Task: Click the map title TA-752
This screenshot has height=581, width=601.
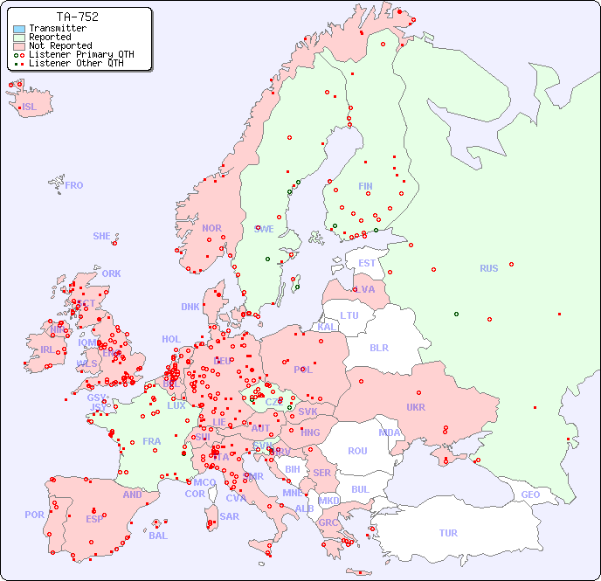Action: [x=77, y=17]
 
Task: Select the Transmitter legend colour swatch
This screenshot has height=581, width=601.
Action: [x=19, y=29]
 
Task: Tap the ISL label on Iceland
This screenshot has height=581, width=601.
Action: [x=30, y=107]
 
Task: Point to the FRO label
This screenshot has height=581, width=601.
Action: [x=74, y=185]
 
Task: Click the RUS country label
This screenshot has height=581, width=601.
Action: [x=488, y=268]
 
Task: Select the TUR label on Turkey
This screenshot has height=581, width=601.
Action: [x=448, y=533]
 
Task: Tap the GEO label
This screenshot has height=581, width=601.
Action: [x=530, y=495]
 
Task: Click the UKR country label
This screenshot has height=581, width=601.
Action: [x=416, y=407]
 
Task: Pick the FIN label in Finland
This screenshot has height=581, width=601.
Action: [x=365, y=186]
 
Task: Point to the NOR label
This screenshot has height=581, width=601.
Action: [x=211, y=228]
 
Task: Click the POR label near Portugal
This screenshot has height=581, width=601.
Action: [x=34, y=515]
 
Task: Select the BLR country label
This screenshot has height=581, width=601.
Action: [x=378, y=347]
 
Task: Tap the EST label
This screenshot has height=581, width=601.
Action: [x=367, y=263]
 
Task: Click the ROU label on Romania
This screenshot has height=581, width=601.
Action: [x=357, y=451]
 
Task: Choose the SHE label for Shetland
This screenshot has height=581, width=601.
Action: [x=102, y=236]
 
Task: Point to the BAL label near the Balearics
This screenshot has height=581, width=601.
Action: [x=157, y=536]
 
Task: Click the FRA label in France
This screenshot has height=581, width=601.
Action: [x=152, y=441]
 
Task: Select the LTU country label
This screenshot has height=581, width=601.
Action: [x=349, y=315]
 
